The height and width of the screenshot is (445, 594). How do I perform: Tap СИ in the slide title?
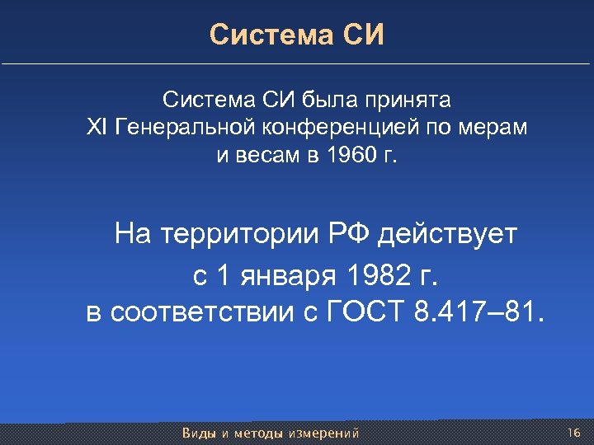coord(365,35)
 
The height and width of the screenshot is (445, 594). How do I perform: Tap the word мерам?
coord(493,129)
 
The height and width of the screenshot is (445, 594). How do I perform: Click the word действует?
coord(448,235)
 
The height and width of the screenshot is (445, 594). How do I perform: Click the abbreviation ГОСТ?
coord(365,314)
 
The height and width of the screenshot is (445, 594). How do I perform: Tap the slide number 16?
coord(574,433)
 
